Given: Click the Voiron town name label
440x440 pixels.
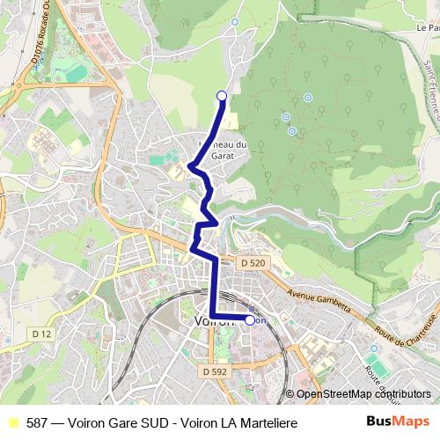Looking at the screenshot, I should (211, 321).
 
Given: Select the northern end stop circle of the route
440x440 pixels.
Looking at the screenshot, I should (222, 96).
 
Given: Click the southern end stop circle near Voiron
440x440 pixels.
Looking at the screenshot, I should (250, 320).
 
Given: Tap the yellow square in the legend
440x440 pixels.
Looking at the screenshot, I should (11, 423).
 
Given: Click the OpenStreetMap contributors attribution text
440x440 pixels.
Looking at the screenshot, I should (363, 394).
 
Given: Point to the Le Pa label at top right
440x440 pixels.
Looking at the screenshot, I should (427, 28).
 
